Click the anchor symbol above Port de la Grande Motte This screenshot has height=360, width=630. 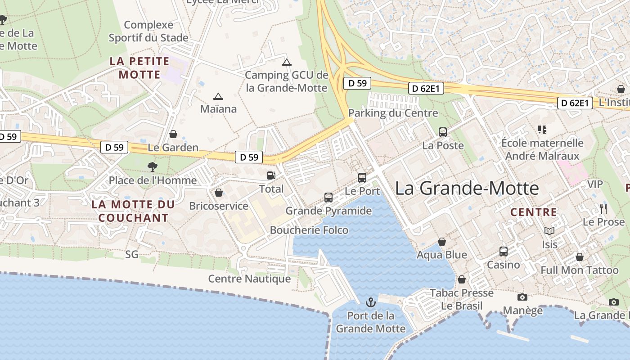[371, 302]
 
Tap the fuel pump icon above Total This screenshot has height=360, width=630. [271, 175]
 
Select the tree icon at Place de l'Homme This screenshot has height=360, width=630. [153, 167]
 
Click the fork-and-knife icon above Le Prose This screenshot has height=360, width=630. [603, 208]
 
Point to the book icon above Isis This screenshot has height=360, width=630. [549, 231]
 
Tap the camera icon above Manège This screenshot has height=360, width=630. [522, 297]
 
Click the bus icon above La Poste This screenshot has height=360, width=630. [443, 132]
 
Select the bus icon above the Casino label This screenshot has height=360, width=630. [504, 251]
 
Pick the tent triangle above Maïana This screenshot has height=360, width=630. [218, 96]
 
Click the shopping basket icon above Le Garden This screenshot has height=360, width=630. [173, 134]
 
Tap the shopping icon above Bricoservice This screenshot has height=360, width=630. [219, 193]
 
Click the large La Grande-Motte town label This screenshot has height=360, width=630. [467, 188]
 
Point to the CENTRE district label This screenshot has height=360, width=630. [534, 212]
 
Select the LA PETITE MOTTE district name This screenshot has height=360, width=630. [139, 67]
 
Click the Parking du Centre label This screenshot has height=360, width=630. [393, 113]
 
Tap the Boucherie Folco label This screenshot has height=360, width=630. [309, 230]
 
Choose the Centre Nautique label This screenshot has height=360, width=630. [249, 279]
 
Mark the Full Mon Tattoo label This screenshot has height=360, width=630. [580, 270]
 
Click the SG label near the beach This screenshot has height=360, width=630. [132, 255]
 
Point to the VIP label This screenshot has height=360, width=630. [595, 184]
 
